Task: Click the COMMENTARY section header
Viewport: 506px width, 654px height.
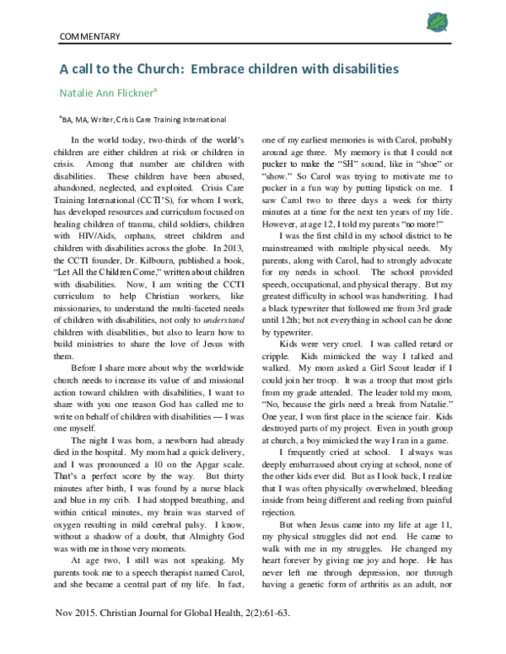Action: pos(90,37)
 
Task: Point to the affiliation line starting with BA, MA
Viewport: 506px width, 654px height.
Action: pos(142,120)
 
